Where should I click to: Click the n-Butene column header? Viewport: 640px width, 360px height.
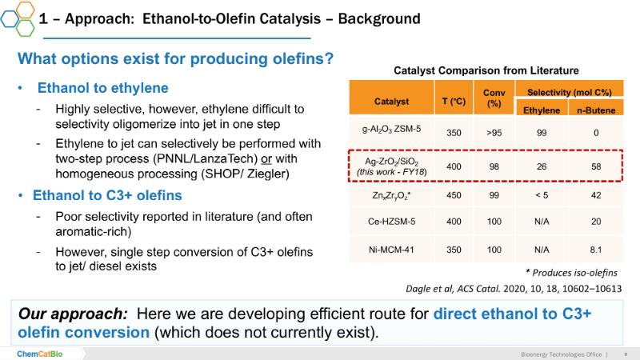pos(596,110)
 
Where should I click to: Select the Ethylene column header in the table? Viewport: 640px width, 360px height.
pos(542,110)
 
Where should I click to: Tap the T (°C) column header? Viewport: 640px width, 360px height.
pos(454,101)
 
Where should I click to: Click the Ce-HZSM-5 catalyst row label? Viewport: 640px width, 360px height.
pos(391,222)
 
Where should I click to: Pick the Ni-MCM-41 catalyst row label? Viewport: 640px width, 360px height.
pos(391,250)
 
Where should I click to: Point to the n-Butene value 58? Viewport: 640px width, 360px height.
pos(596,166)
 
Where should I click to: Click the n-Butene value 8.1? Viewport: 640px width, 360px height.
pos(596,250)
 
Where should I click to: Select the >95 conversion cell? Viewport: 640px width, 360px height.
pos(494,133)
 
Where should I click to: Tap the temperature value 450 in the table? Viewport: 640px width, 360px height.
pos(454,195)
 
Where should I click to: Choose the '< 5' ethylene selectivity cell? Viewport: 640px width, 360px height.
pos(542,195)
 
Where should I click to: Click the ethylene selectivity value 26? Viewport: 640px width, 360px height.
pos(542,166)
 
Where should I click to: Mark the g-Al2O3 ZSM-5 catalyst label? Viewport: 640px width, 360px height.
pos(391,130)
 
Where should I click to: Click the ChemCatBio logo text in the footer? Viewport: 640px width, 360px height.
pos(39,354)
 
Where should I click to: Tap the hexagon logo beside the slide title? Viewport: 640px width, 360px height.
pos(18,18)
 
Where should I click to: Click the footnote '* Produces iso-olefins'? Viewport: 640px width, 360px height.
pos(571,273)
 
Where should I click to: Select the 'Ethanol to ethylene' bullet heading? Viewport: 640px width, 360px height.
pos(103,88)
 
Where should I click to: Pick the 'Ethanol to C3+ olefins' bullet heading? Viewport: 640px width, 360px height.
pos(107,195)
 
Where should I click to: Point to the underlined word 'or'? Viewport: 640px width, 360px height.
pos(266,158)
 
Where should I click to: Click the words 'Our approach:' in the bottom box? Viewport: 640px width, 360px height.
pos(73,314)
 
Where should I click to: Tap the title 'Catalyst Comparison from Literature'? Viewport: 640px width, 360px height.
pos(486,70)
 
